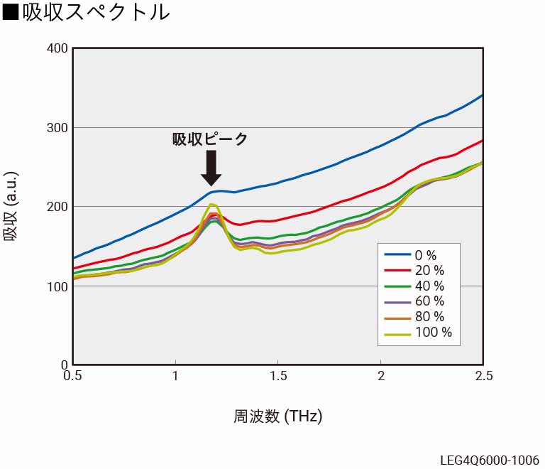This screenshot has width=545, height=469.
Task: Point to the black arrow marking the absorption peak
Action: tap(211, 168)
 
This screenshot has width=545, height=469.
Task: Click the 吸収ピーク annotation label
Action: tap(210, 139)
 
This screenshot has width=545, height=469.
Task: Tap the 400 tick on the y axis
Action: tap(59, 48)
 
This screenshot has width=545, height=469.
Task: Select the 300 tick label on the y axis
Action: tap(59, 128)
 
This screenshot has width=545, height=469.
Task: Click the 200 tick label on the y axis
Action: tap(59, 207)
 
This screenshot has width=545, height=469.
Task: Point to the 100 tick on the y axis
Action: tap(59, 286)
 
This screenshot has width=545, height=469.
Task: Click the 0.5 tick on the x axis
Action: tap(72, 375)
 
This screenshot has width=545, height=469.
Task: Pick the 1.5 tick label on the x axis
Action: tap(277, 375)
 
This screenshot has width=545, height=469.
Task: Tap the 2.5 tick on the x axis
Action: tap(483, 375)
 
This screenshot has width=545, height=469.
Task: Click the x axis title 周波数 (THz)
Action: tap(277, 416)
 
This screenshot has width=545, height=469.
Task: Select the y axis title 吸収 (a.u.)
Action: tap(12, 207)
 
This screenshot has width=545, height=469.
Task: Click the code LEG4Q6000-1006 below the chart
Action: tap(488, 460)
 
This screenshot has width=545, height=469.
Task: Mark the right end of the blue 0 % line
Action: tap(482, 95)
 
